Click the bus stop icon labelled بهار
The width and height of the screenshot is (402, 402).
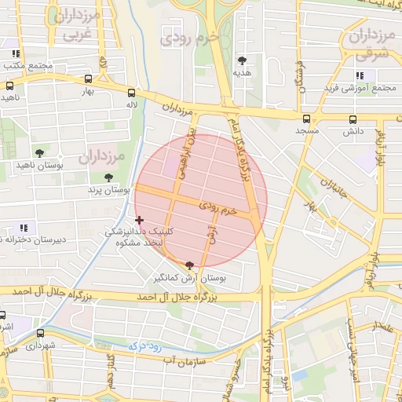88,79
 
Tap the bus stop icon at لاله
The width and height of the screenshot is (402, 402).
131,92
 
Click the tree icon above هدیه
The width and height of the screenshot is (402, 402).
241,60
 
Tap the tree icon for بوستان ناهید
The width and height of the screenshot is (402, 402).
39,152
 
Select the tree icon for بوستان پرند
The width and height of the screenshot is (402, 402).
108,177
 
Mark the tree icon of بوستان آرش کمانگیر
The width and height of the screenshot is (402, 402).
188,266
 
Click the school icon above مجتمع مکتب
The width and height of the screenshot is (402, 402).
16,54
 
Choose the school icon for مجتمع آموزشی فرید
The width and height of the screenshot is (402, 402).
359,75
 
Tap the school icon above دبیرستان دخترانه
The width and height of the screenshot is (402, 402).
23,226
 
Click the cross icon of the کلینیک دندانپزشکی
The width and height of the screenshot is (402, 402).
140,221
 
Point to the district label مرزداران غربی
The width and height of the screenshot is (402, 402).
77,25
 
